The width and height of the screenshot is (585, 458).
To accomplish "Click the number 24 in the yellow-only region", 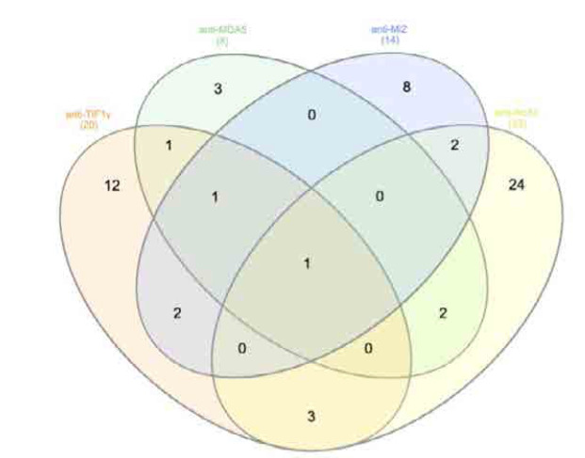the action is [x=515, y=184].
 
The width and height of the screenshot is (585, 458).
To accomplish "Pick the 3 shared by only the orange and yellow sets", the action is [x=311, y=414].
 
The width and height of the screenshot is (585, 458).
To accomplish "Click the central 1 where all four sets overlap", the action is [x=306, y=264].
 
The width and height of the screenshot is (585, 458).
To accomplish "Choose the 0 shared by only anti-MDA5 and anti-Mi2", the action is [x=312, y=116].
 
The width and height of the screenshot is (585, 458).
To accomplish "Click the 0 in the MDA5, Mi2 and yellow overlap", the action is [x=380, y=197].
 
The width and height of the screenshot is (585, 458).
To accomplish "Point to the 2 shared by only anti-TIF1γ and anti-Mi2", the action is [x=177, y=312].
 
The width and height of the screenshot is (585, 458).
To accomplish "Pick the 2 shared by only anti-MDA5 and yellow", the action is [x=443, y=312].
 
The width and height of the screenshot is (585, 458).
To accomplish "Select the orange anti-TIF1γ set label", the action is [x=83, y=115].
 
